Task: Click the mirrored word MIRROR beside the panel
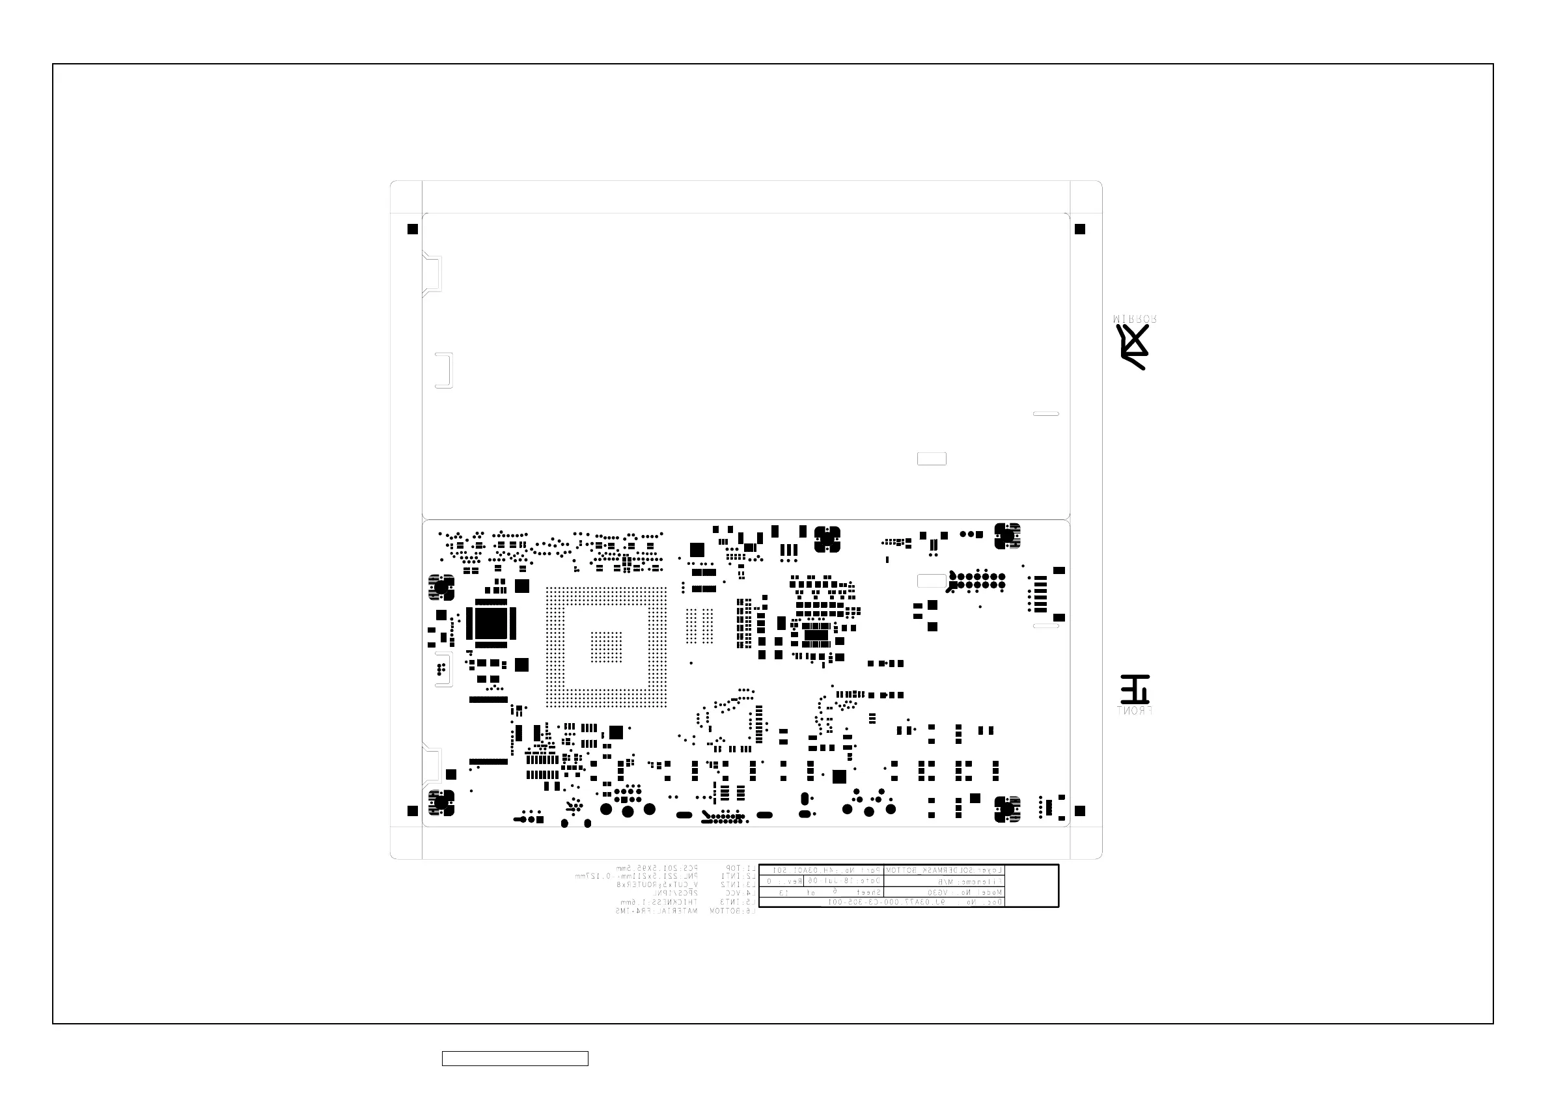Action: click(1134, 318)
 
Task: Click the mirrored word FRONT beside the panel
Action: click(1134, 711)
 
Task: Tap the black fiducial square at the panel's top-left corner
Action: click(413, 230)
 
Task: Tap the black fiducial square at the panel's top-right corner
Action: click(1079, 230)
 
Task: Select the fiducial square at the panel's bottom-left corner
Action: click(413, 810)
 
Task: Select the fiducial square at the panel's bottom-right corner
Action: click(1079, 810)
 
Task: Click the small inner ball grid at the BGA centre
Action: click(606, 646)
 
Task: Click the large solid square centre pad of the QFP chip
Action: click(491, 623)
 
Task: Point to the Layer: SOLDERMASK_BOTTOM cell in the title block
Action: click(944, 871)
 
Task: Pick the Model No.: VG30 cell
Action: click(944, 892)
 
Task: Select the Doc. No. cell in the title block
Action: click(881, 901)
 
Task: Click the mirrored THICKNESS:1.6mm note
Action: click(658, 902)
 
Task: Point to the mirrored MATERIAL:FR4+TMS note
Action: click(656, 911)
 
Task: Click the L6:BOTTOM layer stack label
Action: click(732, 911)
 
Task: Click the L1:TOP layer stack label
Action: click(740, 868)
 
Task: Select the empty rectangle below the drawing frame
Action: click(514, 1058)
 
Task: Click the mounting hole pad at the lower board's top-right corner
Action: click(1006, 536)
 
